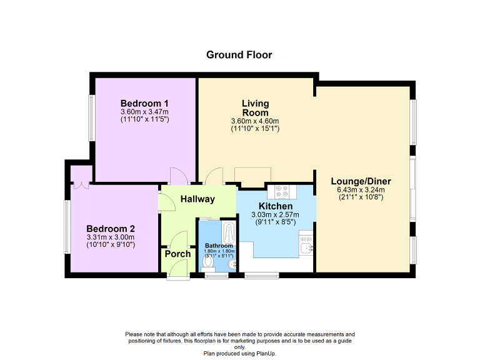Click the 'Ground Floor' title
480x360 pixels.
pyautogui.click(x=239, y=55)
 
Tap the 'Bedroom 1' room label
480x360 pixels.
pyautogui.click(x=144, y=103)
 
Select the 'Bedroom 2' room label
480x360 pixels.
pyautogui.click(x=110, y=229)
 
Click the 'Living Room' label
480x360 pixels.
pyautogui.click(x=255, y=107)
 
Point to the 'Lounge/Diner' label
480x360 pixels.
pyautogui.click(x=357, y=182)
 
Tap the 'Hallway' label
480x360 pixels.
pyautogui.click(x=197, y=199)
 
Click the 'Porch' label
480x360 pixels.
pyautogui.click(x=177, y=254)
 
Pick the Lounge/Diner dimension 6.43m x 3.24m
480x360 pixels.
pyautogui.click(x=357, y=190)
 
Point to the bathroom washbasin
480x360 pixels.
pyautogui.click(x=231, y=265)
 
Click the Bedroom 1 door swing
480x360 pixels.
pyautogui.click(x=177, y=176)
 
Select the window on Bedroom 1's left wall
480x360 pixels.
pyautogui.click(x=91, y=119)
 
